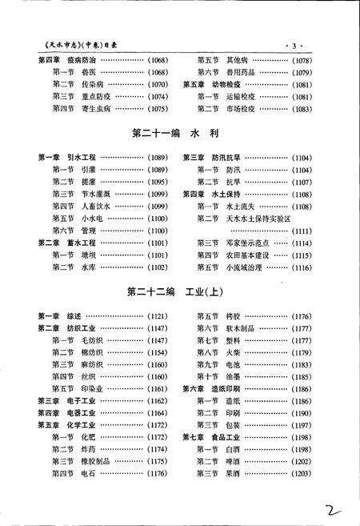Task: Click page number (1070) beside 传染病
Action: click(x=157, y=84)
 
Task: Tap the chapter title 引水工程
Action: click(x=82, y=159)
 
